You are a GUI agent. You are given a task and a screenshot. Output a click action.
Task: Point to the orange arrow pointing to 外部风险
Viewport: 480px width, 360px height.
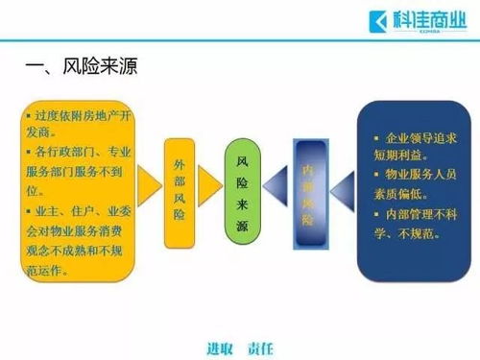[x=149, y=183]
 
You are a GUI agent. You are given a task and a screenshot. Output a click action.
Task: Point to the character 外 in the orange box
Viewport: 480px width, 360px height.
[x=180, y=152]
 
